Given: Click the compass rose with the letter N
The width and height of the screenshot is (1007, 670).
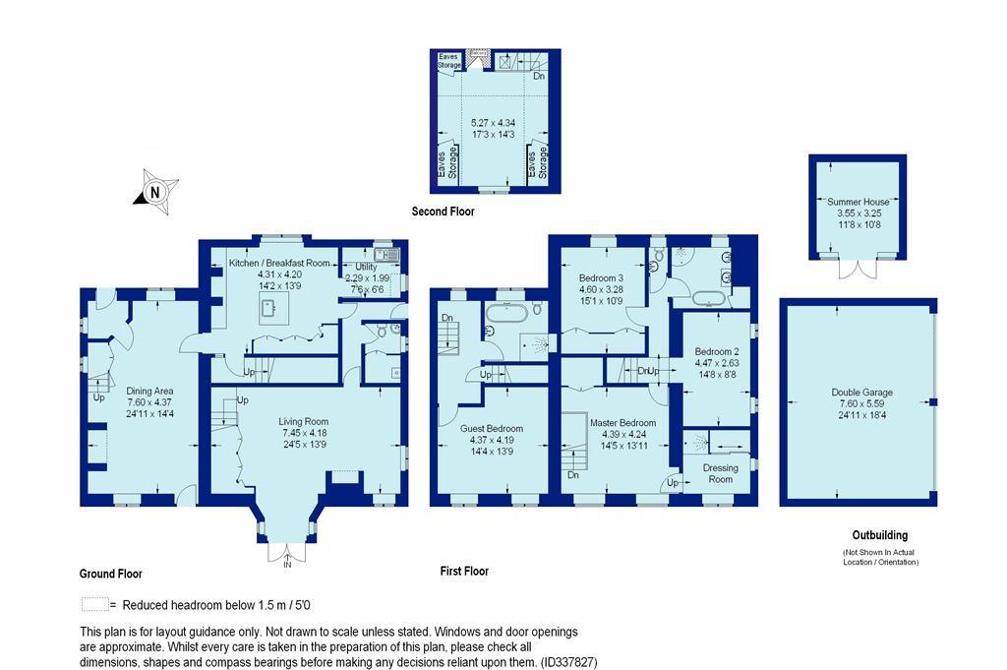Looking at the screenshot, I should (154, 193).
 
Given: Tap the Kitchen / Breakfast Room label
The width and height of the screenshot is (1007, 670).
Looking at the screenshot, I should (279, 264).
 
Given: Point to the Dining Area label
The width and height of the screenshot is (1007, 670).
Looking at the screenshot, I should (150, 391).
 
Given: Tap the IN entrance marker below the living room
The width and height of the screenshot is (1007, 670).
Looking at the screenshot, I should (287, 566).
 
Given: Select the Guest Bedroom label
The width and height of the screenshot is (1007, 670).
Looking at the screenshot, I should (492, 429).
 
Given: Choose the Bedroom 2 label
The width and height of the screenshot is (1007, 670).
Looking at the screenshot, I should (716, 351).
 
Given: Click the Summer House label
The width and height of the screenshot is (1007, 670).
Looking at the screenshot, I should (858, 202).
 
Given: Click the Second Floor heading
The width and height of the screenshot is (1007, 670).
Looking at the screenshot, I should (443, 212).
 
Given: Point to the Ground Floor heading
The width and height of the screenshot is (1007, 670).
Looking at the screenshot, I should (111, 574).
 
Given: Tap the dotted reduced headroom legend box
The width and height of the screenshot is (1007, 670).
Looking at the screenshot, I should (93, 605).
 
